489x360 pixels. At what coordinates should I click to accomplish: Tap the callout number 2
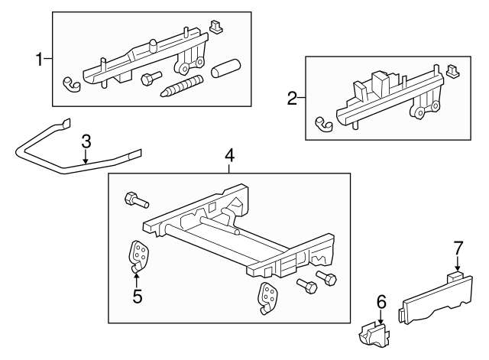(x=291, y=98)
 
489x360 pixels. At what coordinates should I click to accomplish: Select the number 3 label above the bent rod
(x=86, y=141)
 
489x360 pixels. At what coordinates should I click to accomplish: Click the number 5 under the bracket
(x=138, y=296)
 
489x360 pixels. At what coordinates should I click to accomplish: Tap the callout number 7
(x=458, y=247)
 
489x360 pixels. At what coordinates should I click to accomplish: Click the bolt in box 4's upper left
(x=134, y=200)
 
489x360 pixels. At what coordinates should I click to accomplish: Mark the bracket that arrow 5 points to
(x=139, y=255)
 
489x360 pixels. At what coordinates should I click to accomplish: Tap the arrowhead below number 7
(x=458, y=266)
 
